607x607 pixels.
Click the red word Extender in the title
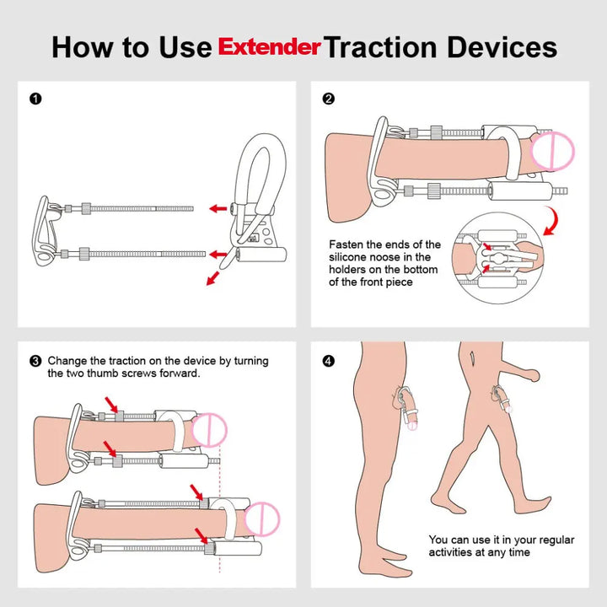(x=271, y=46)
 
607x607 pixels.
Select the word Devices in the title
(x=504, y=46)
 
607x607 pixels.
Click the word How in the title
(x=84, y=46)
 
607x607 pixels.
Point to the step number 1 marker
(x=35, y=99)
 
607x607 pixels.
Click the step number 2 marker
(x=329, y=99)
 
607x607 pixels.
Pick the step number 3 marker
(x=35, y=361)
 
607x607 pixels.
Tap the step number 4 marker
(x=329, y=361)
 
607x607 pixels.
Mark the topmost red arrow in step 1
(x=218, y=208)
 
